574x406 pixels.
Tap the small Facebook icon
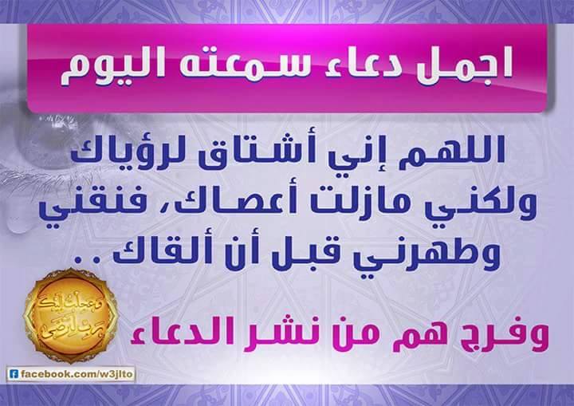click(14, 374)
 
